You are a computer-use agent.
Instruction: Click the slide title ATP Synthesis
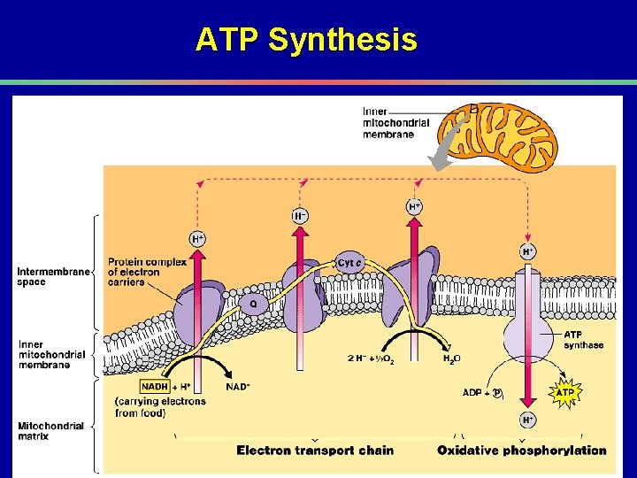coord(306,40)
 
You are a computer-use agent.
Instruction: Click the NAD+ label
coord(237,387)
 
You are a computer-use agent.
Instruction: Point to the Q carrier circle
coord(253,302)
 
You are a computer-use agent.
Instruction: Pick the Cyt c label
coord(349,263)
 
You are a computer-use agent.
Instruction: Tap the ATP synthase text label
coord(584,340)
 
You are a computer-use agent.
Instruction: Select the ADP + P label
coord(483,391)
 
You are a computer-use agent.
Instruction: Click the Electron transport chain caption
coord(315,451)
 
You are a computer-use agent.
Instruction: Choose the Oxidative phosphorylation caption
coord(522,451)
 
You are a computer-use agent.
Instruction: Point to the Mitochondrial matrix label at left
coord(51,431)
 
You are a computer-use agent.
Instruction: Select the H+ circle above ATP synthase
coord(528,251)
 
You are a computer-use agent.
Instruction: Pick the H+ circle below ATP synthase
coord(528,419)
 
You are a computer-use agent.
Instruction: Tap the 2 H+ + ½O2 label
coord(372,359)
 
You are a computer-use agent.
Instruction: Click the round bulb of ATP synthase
coord(528,339)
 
